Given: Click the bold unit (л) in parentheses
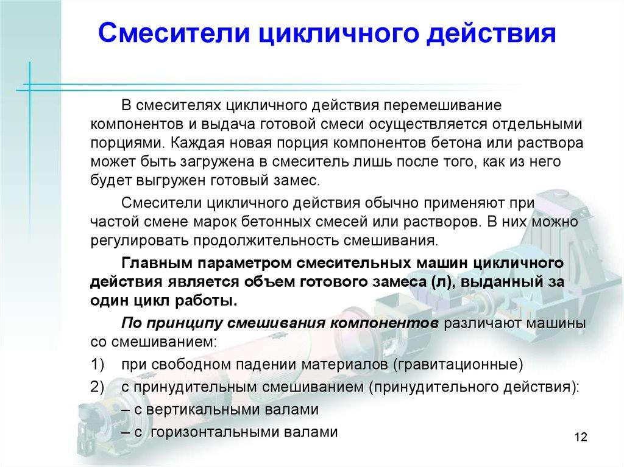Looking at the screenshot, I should (x=441, y=283).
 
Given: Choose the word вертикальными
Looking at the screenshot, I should (x=215, y=410).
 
